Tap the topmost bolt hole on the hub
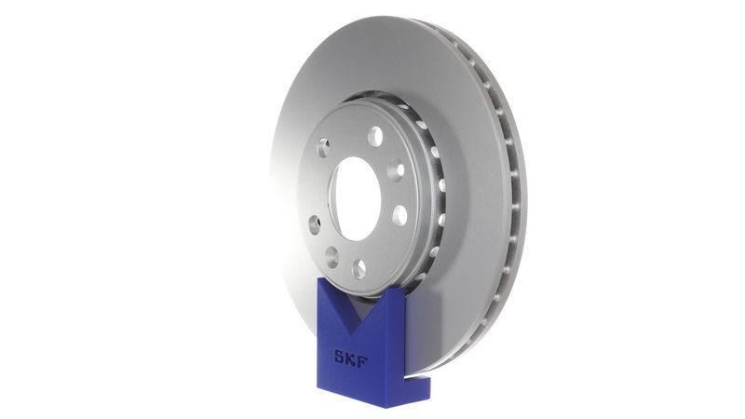click(x=374, y=137)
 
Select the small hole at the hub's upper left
click(x=323, y=146)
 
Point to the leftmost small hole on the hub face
click(x=314, y=224)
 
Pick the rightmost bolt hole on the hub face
click(x=400, y=215)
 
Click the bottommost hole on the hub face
click(x=359, y=269)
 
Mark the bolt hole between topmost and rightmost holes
click(x=396, y=169)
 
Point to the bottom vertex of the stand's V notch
click(x=359, y=324)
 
